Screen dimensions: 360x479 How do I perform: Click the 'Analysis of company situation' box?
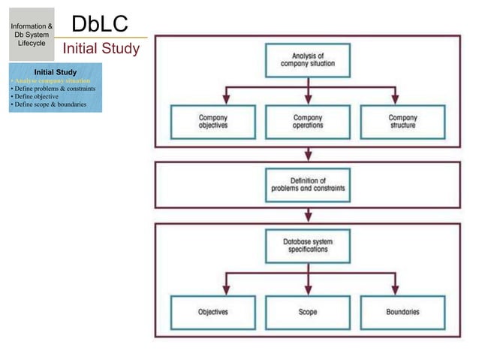(x=308, y=60)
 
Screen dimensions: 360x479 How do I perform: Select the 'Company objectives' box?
(x=213, y=122)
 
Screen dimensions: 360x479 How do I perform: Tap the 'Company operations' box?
(x=308, y=122)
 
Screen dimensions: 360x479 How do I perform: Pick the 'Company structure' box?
(x=402, y=122)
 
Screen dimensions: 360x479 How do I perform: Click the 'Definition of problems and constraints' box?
(x=308, y=185)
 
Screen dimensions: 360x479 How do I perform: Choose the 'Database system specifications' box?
(x=308, y=246)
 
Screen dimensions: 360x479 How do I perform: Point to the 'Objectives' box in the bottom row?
(x=213, y=311)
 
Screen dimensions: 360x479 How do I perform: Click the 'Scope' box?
(x=308, y=311)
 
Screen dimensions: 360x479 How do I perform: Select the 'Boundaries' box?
(x=402, y=311)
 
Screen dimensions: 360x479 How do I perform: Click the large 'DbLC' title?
(x=99, y=23)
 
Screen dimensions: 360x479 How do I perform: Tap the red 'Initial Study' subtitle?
(x=101, y=50)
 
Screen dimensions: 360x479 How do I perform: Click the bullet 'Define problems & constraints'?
(x=53, y=89)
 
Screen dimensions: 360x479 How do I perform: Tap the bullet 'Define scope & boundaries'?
(x=47, y=104)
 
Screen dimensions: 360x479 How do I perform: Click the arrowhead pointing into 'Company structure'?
(x=396, y=100)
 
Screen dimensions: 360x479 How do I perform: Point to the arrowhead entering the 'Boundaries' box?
(x=396, y=289)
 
